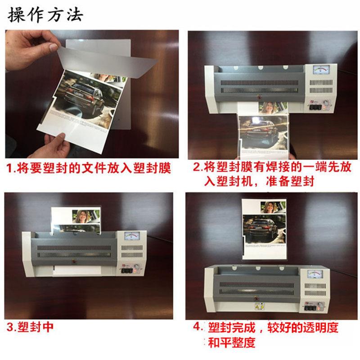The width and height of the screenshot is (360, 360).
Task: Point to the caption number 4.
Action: click(197, 327)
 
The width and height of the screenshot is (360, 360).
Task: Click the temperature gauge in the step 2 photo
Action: click(320, 72)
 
